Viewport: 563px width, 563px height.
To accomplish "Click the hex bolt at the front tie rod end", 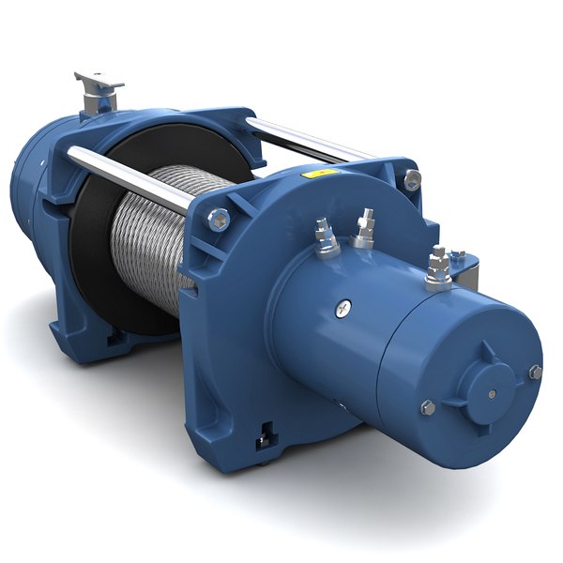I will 218,220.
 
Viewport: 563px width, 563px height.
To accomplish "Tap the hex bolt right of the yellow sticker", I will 411,179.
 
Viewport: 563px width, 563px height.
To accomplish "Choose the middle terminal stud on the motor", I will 363,229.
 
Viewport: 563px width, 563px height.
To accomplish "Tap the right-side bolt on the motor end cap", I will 535,372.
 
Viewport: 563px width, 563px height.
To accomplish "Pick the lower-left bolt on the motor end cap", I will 427,406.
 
